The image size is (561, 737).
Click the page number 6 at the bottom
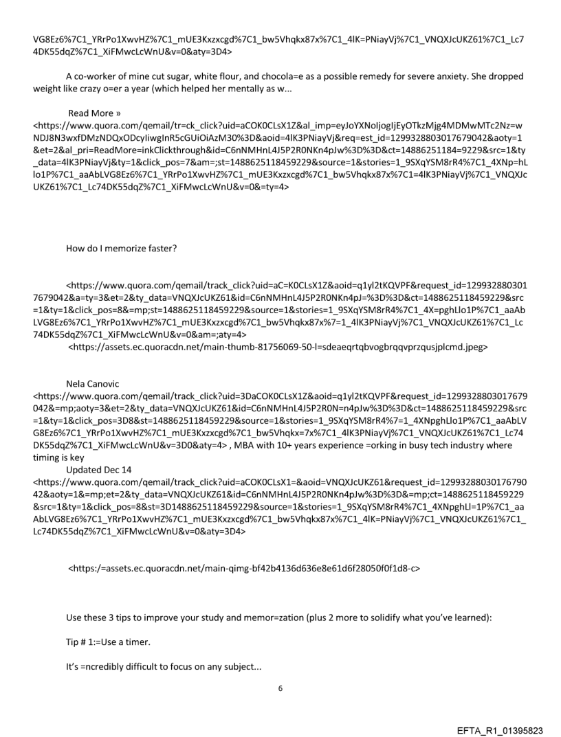(x=280, y=670)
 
